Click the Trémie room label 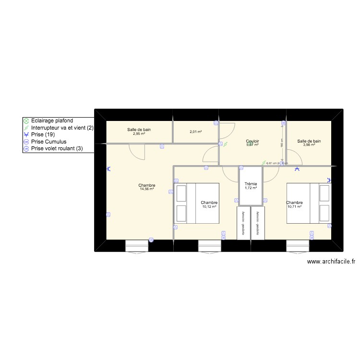251,184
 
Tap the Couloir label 252,141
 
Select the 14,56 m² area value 146,189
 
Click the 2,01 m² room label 195,132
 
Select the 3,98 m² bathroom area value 309,145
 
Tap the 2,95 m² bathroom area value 139,133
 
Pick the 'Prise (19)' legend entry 46,135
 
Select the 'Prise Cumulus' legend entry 49,142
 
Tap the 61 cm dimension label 273,163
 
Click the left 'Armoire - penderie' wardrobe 243,223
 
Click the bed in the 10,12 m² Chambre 197,203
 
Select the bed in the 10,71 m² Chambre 309,203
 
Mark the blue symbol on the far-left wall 108,169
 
